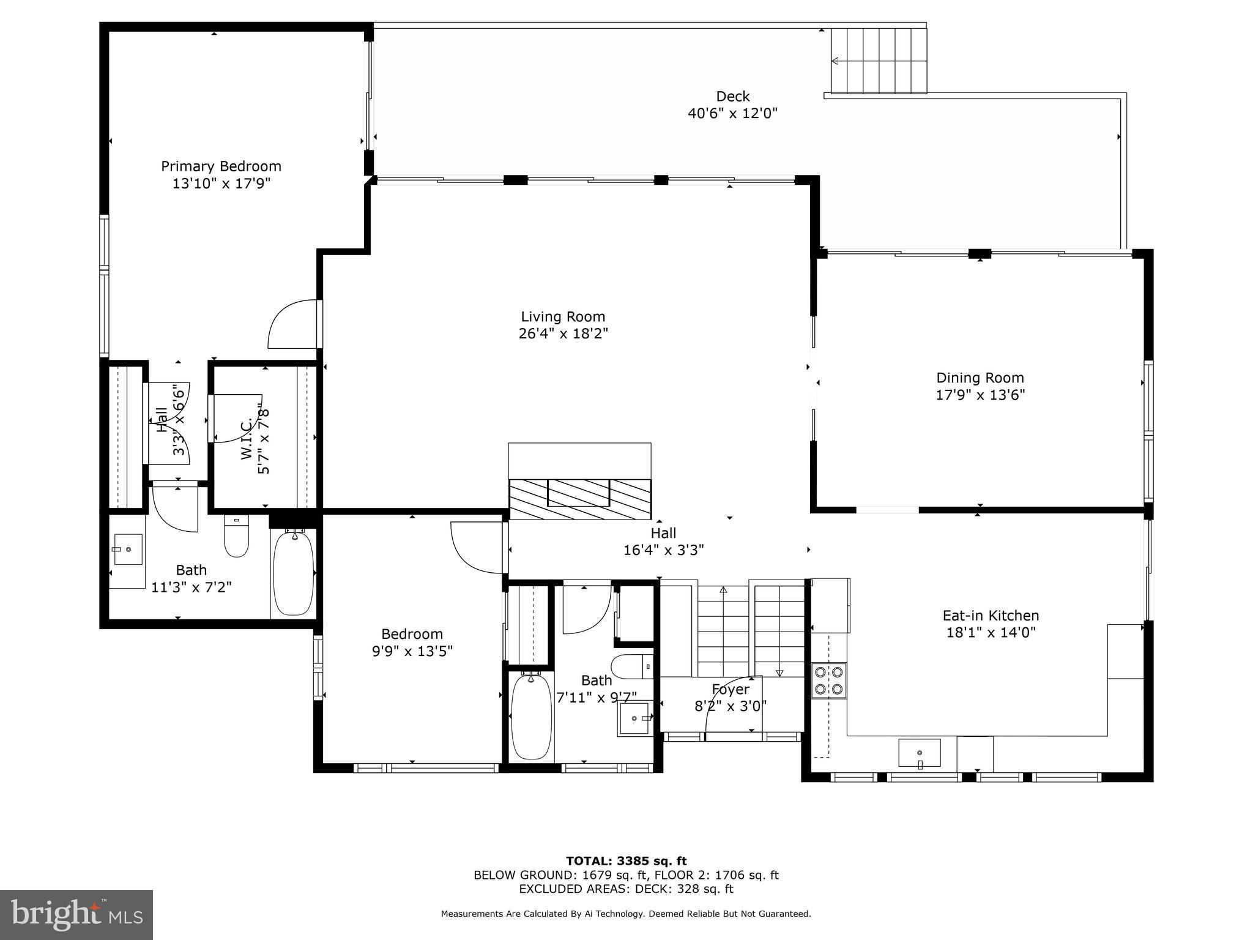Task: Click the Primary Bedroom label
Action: (221, 166)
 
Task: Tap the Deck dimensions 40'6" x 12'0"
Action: (732, 113)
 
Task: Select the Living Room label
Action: (563, 317)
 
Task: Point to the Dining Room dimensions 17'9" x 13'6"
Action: (980, 395)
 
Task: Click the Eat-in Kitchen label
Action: (991, 616)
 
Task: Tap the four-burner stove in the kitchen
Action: (829, 681)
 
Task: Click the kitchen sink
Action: (919, 752)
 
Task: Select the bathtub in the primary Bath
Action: (293, 573)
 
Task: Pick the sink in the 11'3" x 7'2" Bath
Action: (128, 550)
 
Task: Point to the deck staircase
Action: (879, 60)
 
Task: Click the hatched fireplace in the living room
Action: (579, 499)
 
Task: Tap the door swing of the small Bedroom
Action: (477, 547)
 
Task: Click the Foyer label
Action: (730, 690)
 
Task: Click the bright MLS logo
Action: (76, 914)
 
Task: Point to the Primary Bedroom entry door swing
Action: (294, 324)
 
